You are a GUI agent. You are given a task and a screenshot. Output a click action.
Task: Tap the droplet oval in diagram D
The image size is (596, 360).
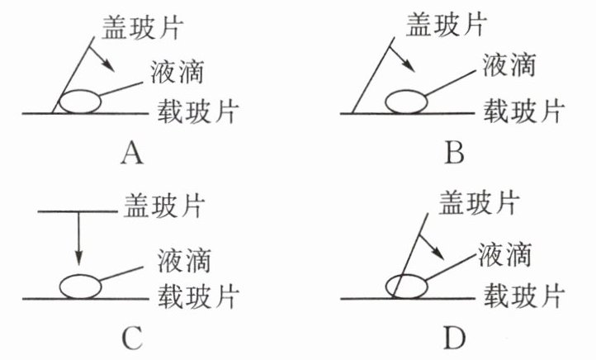(x=407, y=285)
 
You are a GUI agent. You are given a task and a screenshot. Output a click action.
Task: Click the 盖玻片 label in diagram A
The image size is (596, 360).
(x=144, y=27)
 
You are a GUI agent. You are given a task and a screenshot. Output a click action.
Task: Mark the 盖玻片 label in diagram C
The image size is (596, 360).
(x=166, y=202)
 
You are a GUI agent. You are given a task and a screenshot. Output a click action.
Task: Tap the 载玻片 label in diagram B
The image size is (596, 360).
(x=523, y=109)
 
